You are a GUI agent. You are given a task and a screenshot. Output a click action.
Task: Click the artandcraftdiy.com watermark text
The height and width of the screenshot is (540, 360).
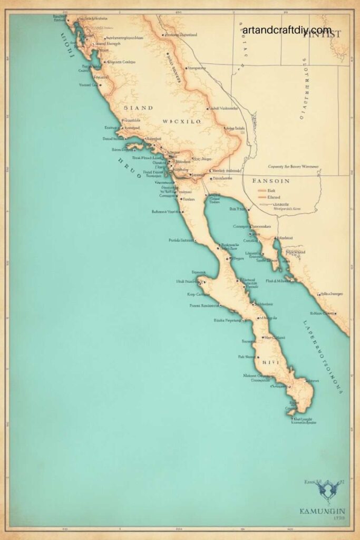(287, 30)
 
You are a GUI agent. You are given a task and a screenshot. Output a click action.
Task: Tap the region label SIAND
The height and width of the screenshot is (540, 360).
(138, 108)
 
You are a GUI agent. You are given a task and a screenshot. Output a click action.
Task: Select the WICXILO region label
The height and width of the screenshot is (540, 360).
(181, 121)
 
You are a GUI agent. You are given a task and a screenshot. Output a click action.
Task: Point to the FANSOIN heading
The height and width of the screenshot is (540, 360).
(271, 180)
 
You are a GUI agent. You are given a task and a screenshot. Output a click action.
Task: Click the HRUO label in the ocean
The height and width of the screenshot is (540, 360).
(129, 167)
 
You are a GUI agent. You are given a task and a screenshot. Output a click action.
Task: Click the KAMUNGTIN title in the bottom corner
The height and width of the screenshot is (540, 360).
(323, 511)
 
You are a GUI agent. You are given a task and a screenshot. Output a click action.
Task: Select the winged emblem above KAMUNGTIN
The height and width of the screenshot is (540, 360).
(326, 489)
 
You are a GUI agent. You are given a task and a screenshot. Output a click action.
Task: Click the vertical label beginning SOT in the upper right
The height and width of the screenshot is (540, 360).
(305, 90)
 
